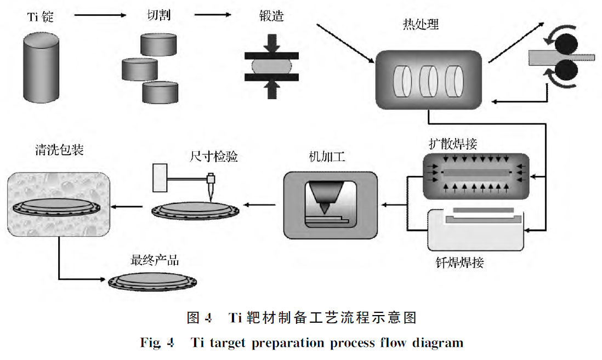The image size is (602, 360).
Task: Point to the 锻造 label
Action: click(x=270, y=16)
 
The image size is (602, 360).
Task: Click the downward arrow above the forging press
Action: click(x=271, y=42)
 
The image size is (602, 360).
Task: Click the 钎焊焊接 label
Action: click(x=456, y=262)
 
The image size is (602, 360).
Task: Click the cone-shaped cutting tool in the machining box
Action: click(x=325, y=195)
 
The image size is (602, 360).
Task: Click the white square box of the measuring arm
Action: click(x=161, y=178)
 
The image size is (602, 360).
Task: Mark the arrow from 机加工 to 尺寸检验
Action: click(x=260, y=205)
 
